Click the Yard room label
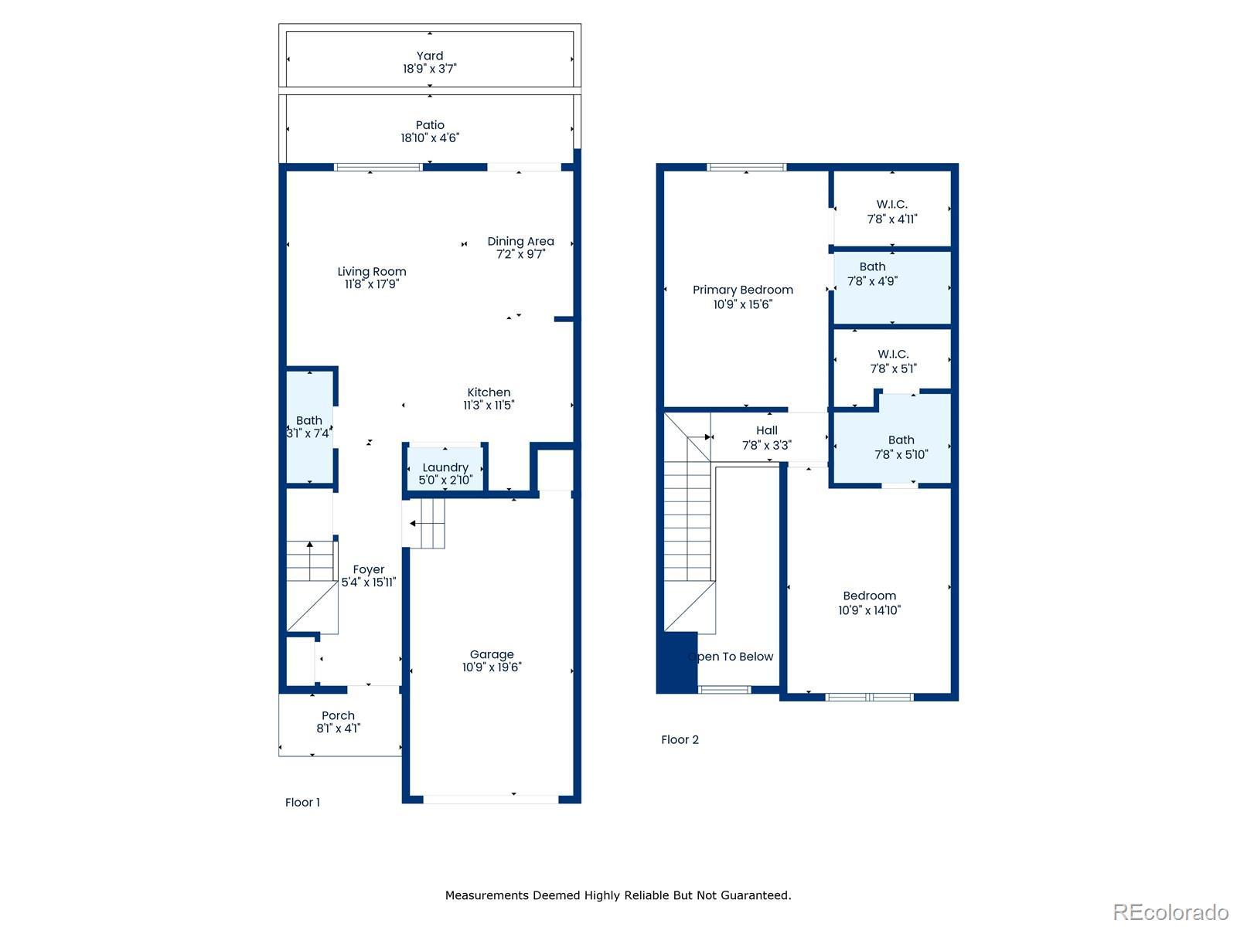click(429, 56)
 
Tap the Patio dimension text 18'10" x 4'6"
click(429, 138)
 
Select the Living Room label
click(371, 271)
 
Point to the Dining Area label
click(520, 242)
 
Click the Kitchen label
click(489, 392)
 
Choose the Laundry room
click(445, 467)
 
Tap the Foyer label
click(368, 569)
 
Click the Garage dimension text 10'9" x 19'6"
click(492, 667)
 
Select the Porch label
click(338, 715)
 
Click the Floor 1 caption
click(302, 802)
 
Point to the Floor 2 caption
click(680, 739)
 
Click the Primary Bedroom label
click(742, 290)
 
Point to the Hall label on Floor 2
click(766, 430)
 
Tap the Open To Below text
click(731, 657)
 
